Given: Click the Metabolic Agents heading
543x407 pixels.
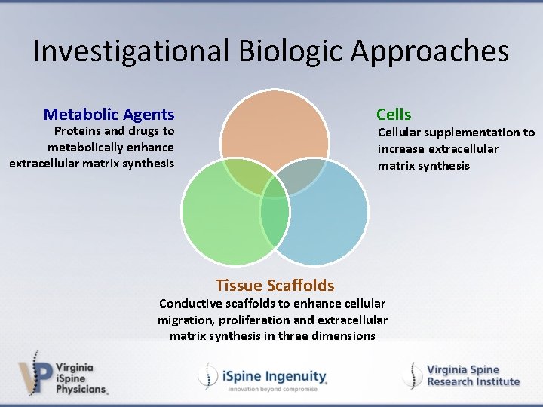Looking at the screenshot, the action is click(109, 115).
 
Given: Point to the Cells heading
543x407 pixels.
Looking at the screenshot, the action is click(394, 115).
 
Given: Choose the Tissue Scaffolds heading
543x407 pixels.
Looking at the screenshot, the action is click(275, 285).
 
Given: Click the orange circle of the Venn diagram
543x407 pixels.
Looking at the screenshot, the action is click(275, 128).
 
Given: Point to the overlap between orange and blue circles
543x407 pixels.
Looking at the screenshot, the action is click(300, 175).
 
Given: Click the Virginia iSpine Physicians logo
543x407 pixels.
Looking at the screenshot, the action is click(63, 372).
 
